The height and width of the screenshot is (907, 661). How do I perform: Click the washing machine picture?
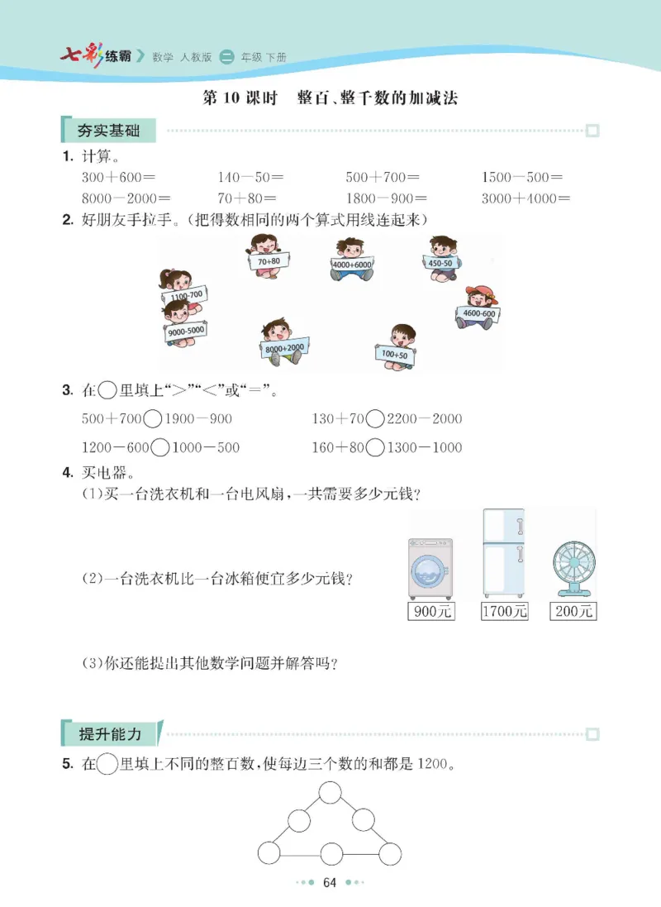tap(430, 568)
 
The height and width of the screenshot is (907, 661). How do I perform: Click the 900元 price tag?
tap(430, 612)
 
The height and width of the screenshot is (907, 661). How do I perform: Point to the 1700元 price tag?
tap(504, 612)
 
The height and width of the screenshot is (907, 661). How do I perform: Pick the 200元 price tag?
tap(573, 612)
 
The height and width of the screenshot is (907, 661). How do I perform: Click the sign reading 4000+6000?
tap(352, 265)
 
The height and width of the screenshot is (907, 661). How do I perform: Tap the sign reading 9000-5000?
tap(186, 331)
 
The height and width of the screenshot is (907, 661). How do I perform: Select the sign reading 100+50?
tap(395, 355)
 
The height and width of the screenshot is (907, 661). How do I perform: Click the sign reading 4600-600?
tap(479, 314)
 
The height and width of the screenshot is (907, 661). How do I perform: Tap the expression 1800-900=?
tap(386, 198)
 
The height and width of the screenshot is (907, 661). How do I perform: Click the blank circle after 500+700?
tap(153, 419)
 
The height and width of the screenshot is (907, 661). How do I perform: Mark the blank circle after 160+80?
tap(375, 448)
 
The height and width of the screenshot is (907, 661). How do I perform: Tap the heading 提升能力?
tap(110, 734)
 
